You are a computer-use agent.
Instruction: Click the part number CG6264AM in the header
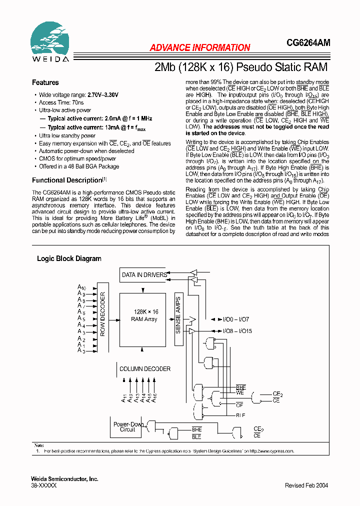click(x=308, y=44)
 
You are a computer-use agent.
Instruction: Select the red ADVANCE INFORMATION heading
click(x=200, y=48)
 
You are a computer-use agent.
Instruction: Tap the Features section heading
click(x=45, y=82)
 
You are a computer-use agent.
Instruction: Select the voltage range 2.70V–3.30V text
click(x=103, y=94)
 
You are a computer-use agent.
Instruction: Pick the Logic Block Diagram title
click(x=69, y=258)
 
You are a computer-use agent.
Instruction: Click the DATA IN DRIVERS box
click(x=144, y=275)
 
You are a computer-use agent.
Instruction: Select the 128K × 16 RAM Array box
click(x=144, y=315)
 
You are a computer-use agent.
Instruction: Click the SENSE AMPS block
click(x=178, y=315)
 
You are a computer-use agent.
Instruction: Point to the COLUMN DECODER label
click(x=145, y=369)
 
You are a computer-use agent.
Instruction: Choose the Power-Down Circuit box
click(x=127, y=426)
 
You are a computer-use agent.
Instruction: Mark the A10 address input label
click(x=82, y=287)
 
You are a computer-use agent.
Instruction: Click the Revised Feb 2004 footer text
click(x=306, y=485)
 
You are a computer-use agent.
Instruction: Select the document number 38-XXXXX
click(x=44, y=485)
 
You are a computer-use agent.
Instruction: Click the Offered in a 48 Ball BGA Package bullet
click(x=79, y=166)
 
